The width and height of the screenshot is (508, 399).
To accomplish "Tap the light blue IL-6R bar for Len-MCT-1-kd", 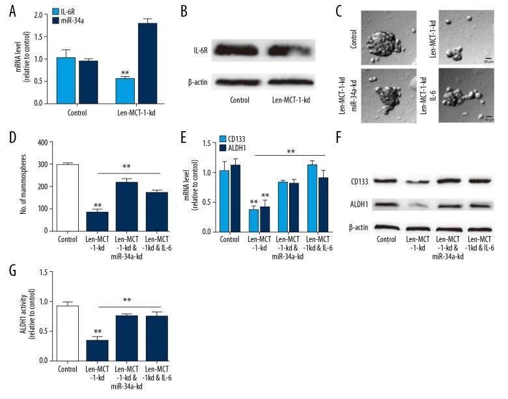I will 125,91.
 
